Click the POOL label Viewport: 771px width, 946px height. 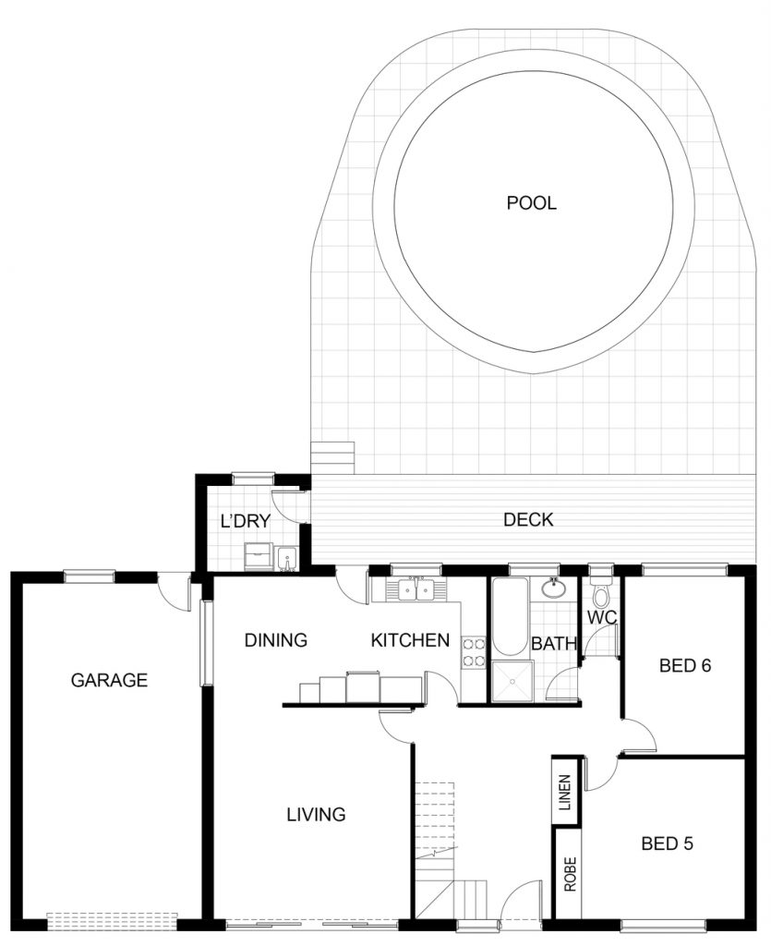531,202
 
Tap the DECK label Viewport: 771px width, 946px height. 528,519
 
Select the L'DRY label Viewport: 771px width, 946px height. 245,521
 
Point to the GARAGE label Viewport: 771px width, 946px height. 109,680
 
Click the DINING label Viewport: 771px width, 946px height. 275,639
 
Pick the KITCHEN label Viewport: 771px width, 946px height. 410,640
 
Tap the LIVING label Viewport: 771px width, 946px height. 316,815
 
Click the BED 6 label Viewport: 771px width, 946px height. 685,665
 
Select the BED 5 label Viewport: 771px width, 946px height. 667,843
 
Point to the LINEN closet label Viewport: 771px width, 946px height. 565,792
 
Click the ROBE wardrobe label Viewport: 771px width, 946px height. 570,874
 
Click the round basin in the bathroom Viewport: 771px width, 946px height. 553,588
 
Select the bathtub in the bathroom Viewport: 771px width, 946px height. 510,616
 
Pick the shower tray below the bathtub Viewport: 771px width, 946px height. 512,682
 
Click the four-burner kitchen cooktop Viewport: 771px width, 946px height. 474,652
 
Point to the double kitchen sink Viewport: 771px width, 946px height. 416,589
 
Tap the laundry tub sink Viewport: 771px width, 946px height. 286,559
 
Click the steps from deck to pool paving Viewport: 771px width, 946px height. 332,458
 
